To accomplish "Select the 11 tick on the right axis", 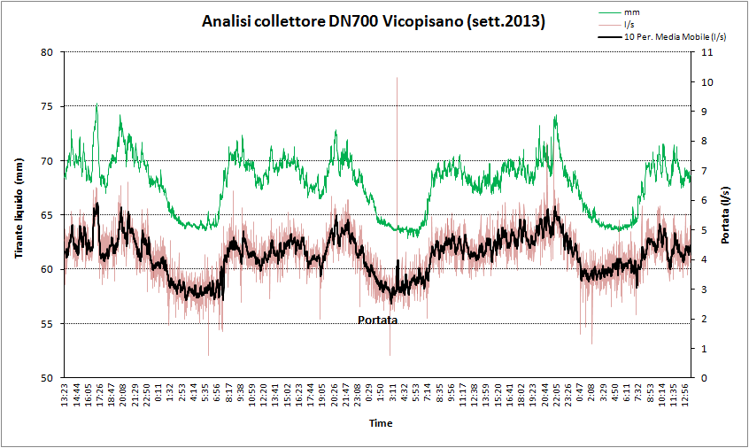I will tap(704, 52).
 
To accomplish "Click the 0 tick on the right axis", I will tap(701, 378).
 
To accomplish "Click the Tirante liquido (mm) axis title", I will tap(19, 215).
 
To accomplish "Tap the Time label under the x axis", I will tap(380, 423).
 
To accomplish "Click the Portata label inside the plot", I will tap(377, 320).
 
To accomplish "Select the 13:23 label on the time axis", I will tap(64, 396).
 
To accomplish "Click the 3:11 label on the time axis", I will tap(392, 396).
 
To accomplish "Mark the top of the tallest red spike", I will tap(397, 78).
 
